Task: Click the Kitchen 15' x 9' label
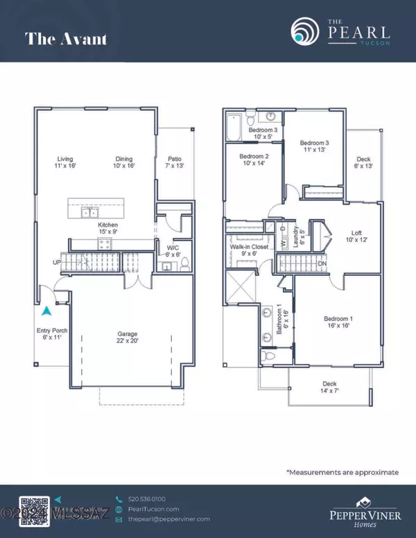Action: [107, 229]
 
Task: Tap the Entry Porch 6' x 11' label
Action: [52, 335]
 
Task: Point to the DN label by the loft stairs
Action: [322, 264]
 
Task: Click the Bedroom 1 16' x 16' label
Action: [338, 323]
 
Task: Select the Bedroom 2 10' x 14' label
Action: [253, 161]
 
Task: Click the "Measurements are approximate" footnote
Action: [343, 472]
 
